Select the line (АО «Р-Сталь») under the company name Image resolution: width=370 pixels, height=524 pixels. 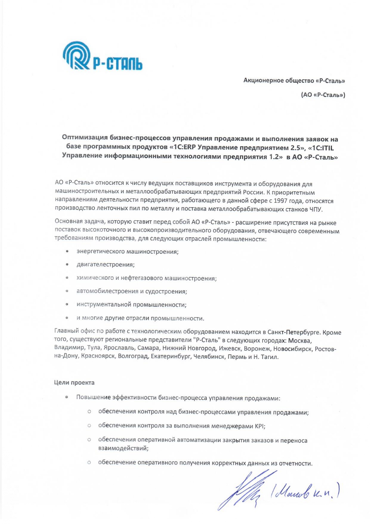(323, 95)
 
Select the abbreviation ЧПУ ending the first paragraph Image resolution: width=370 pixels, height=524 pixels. (316, 209)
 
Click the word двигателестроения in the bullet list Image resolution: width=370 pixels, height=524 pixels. (105, 265)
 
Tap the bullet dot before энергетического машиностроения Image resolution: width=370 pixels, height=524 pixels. (67, 251)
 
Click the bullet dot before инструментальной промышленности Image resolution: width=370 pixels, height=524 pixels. (67, 305)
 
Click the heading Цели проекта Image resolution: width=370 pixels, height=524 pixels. (74, 382)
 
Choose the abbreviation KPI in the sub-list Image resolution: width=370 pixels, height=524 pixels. (259, 426)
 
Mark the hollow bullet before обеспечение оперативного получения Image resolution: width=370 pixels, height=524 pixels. (89, 462)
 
